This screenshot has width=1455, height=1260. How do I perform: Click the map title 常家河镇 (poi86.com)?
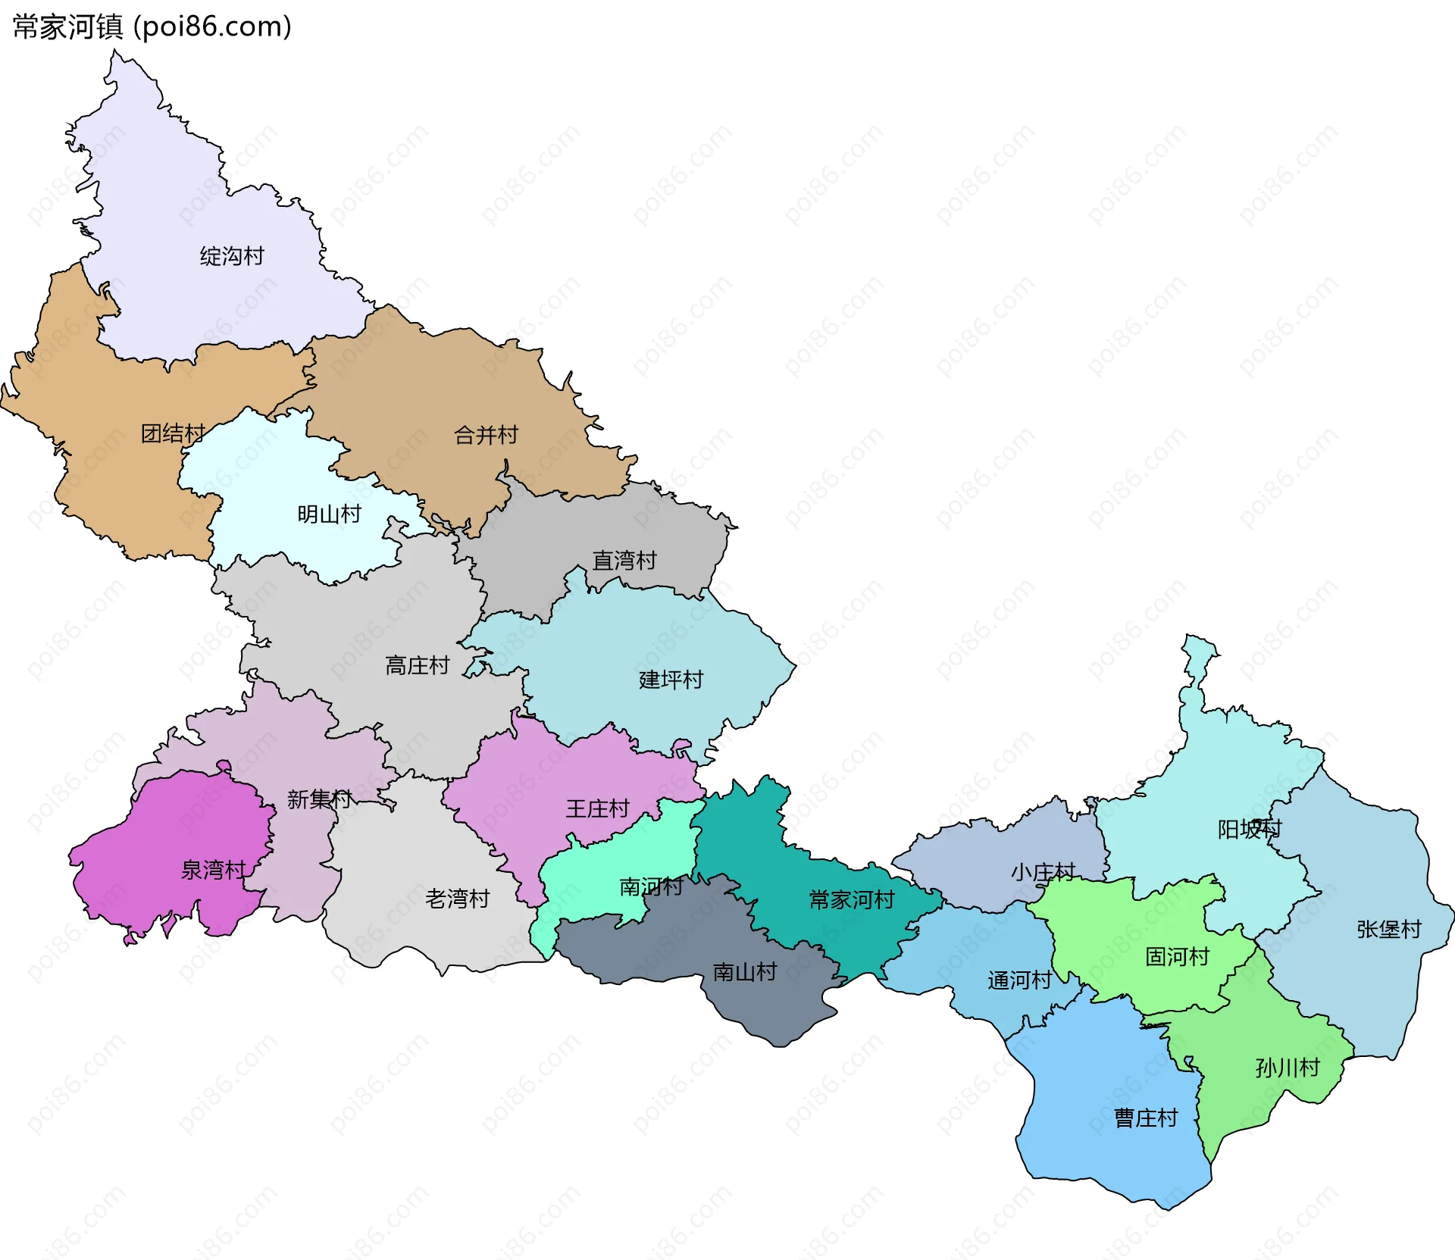152,27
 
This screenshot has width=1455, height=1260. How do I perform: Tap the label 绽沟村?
232,256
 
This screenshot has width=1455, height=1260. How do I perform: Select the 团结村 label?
174,433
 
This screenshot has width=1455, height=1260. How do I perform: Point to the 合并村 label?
486,435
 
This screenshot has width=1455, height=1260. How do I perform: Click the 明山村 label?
329,514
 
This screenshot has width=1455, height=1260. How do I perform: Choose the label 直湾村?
624,561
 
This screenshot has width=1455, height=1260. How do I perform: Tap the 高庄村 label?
417,665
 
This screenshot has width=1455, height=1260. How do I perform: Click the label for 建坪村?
671,680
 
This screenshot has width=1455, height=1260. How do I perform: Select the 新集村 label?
319,799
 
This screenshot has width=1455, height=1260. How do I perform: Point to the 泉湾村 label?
213,870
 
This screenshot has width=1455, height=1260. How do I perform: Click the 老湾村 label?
457,899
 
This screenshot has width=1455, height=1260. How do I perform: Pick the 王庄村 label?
597,808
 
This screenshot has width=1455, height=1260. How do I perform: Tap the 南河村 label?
651,886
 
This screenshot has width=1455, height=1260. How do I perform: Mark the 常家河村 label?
852,899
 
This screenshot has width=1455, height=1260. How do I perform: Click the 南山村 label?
745,971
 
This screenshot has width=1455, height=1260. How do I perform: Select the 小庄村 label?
1043,872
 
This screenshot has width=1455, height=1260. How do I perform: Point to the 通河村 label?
1019,980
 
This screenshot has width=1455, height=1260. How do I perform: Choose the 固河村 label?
1177,956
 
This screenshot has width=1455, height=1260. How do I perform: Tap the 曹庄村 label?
1146,1118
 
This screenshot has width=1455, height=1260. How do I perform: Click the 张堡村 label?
1388,929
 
